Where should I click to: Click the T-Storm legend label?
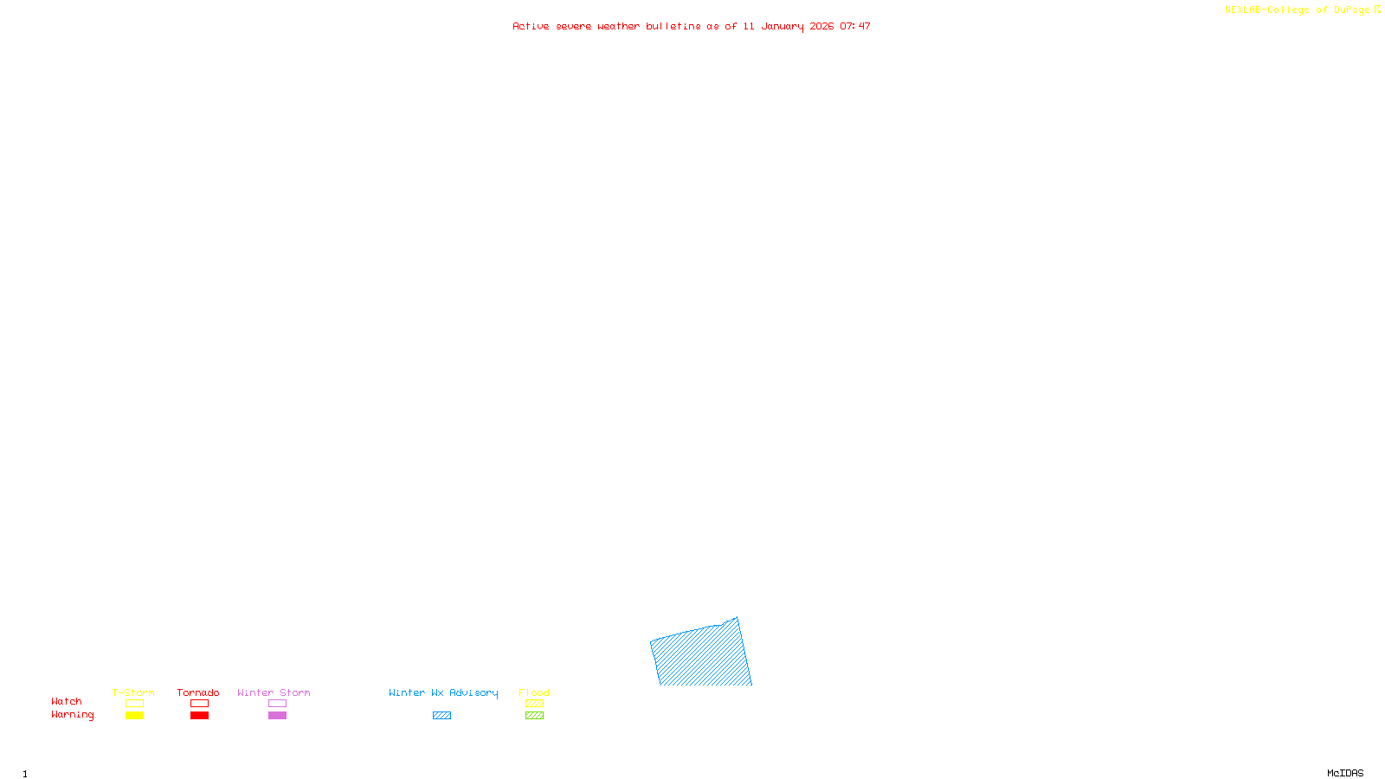tap(133, 692)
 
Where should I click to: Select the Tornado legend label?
tap(198, 692)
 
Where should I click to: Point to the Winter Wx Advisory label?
tap(443, 692)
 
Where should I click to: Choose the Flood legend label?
tap(534, 692)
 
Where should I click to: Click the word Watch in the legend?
tap(67, 701)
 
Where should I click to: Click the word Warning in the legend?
tap(72, 715)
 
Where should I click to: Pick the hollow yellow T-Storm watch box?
tap(134, 704)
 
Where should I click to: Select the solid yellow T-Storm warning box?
tap(134, 716)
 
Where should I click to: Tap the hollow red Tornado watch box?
tap(199, 704)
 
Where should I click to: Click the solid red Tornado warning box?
tap(199, 716)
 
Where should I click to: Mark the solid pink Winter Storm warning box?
tap(277, 716)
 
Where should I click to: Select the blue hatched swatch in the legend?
tap(441, 716)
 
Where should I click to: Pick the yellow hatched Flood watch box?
tap(534, 704)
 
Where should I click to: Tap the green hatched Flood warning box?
tap(534, 716)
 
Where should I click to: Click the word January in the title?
tap(783, 26)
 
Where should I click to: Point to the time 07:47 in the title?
tap(855, 26)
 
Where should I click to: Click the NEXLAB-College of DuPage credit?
tap(1298, 10)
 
